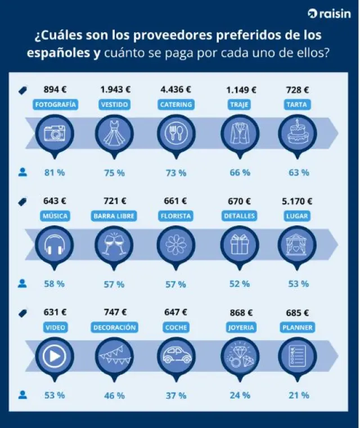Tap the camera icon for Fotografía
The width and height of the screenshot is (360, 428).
point(55,133)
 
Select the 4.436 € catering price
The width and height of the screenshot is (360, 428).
point(175,89)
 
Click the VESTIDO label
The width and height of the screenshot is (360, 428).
point(115,104)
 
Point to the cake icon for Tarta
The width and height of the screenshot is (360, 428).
point(297,133)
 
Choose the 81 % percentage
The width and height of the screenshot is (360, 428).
point(55,172)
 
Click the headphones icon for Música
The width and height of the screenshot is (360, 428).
point(55,245)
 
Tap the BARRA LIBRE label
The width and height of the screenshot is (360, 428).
point(115,216)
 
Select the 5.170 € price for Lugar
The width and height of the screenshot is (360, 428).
point(297,200)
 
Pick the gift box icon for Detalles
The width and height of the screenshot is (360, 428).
point(239,245)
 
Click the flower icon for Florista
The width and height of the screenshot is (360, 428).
point(175,245)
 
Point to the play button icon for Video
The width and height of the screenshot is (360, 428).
point(55,356)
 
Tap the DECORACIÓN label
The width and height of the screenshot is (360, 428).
point(115,327)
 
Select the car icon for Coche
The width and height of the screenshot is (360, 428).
point(175,356)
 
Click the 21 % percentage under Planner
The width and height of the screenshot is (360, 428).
point(299,395)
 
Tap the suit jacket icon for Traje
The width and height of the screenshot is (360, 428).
point(239,133)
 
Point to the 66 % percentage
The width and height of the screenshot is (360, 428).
point(240,172)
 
